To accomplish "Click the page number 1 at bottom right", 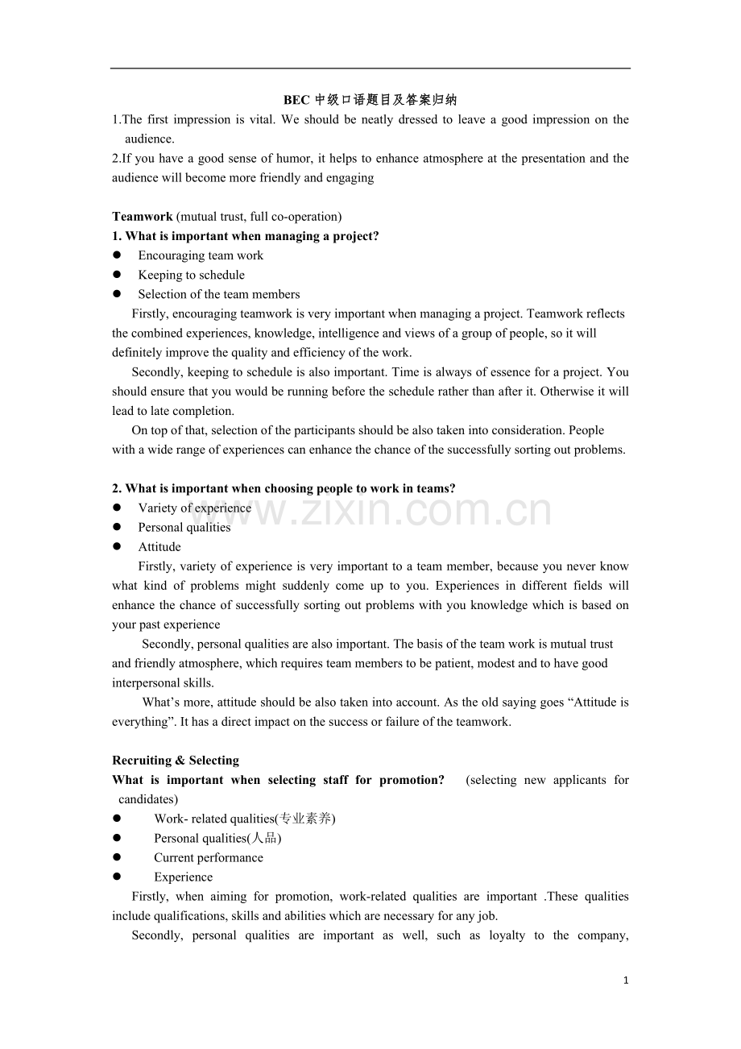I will tap(626, 981).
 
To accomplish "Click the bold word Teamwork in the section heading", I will tap(143, 216).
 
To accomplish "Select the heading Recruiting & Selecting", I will tap(176, 761).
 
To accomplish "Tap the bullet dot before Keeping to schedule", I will tap(117, 275).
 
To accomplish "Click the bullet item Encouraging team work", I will tap(201, 255).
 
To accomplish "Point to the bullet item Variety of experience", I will tap(194, 508).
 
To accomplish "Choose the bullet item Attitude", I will tap(159, 547).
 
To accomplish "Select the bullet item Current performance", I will tap(209, 857).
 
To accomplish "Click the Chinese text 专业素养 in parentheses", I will tap(305, 819).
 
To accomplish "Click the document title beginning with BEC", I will tap(370, 100).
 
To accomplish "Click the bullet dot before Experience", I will tap(117, 877).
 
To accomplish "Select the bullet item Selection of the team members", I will tap(219, 294).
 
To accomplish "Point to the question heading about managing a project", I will tap(246, 236).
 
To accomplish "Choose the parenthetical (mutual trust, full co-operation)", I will tap(259, 216).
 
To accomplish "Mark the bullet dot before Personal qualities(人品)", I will tap(117, 838).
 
